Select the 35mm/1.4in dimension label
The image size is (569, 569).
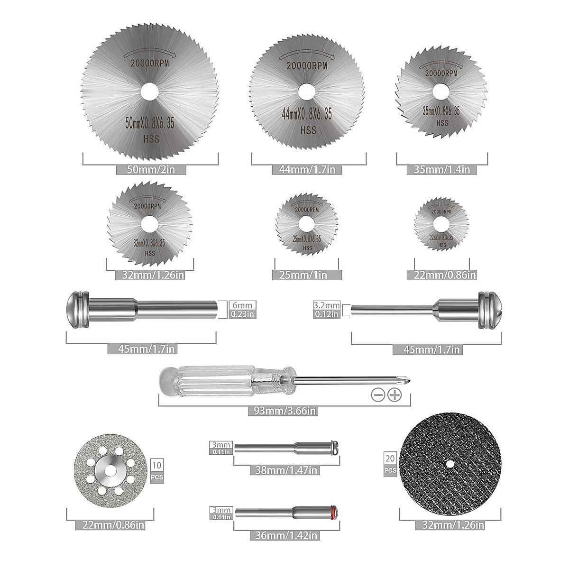pos(442,169)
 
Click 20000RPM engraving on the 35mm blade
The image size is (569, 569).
pos(441,73)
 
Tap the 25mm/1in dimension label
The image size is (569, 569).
pos(306,275)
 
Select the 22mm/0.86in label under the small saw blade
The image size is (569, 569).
pos(442,275)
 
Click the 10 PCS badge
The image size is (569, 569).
pos(156,471)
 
